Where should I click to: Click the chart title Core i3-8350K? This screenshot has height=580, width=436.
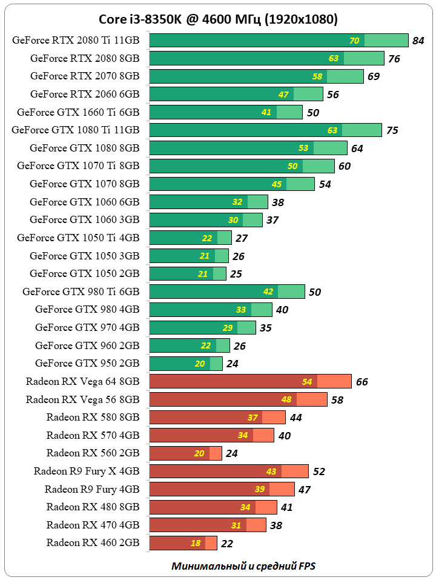218,20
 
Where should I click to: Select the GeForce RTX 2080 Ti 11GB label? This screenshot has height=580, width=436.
76,41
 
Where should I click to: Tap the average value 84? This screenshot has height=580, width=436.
418,41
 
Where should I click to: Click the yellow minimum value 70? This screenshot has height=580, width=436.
354,41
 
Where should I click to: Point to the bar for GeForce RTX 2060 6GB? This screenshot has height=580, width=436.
236,94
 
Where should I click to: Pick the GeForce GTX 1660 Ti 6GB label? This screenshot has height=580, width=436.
78,112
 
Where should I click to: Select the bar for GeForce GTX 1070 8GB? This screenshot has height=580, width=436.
232,184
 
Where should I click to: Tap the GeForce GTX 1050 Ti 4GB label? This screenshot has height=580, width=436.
78,238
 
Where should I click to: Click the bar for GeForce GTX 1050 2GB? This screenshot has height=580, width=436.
188,273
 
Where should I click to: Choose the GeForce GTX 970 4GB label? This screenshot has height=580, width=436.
87,327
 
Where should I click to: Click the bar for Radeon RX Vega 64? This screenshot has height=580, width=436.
250,381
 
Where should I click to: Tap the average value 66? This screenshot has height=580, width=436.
362,382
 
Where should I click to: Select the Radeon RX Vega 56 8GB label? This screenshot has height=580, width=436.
82,399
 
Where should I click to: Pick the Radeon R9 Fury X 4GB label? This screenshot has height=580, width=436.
87,471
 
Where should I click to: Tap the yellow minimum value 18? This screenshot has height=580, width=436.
196,543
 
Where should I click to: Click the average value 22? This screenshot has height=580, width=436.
226,544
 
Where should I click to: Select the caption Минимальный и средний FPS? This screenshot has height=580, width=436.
243,566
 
